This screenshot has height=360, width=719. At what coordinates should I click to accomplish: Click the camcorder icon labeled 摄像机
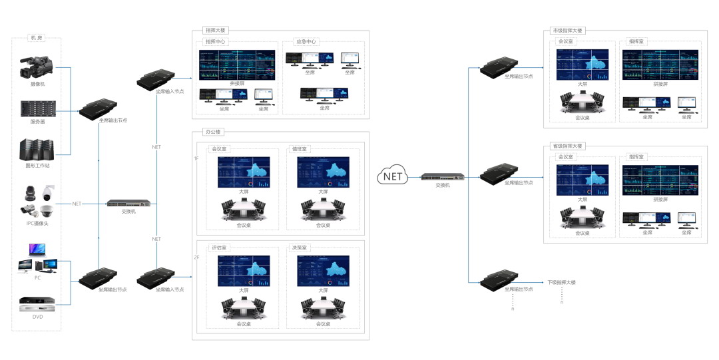pos(37,67)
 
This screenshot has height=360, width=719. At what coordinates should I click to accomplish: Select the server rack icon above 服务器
pos(37,108)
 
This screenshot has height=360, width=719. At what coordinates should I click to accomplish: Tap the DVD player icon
pos(37,304)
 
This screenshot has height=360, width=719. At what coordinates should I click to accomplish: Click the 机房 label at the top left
pos(37,38)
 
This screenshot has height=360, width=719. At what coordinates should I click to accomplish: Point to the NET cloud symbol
pos(393,176)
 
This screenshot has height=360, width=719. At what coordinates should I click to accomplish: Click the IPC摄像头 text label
pos(37,223)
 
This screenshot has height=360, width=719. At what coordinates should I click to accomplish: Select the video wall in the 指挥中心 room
pos(237,65)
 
